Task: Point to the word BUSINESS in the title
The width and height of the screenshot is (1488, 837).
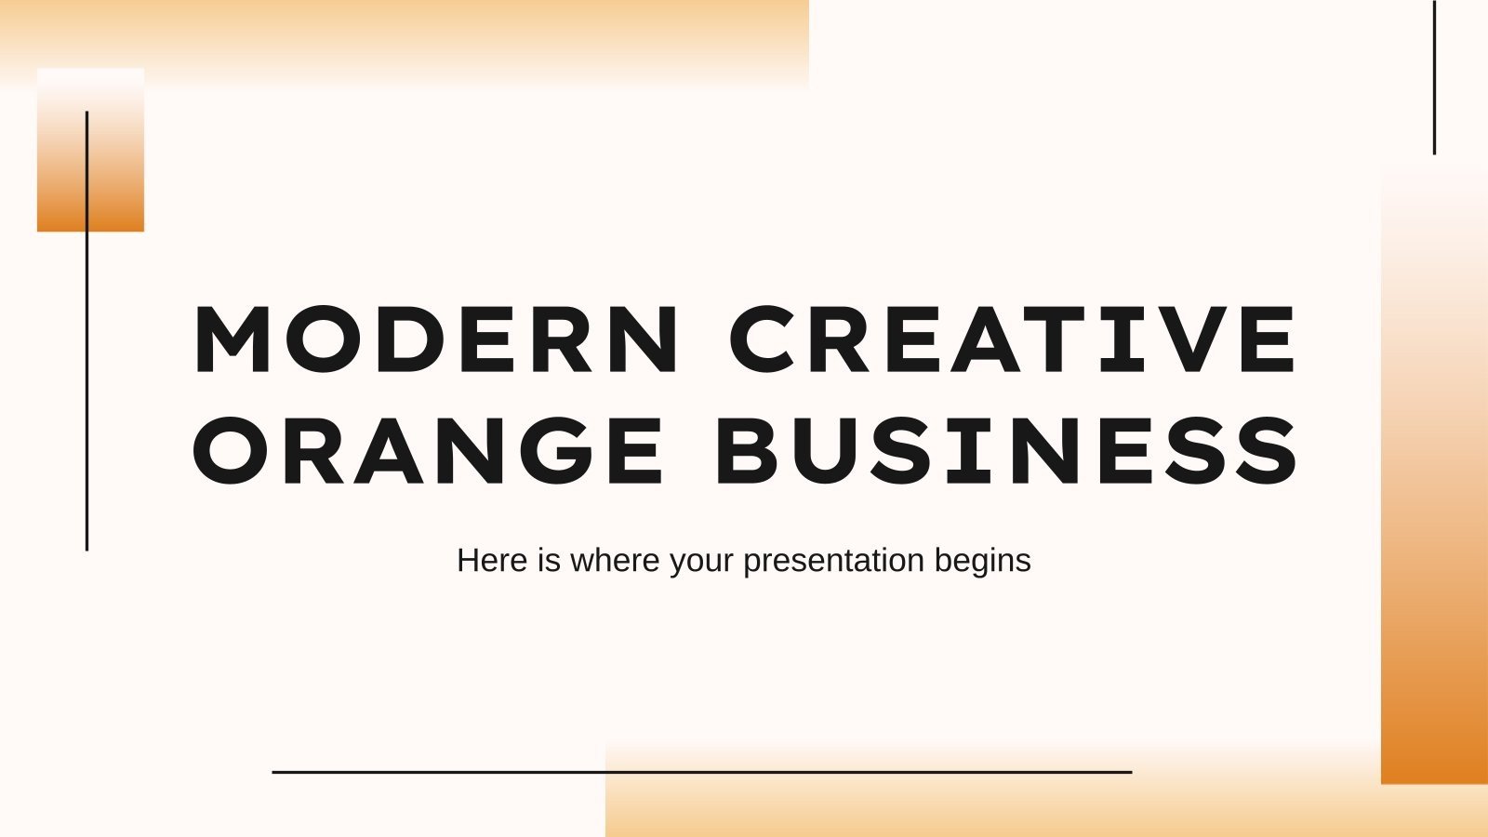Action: point(1006,451)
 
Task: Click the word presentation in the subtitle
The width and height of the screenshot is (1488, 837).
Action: point(833,561)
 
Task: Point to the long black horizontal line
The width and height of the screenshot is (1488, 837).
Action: point(702,772)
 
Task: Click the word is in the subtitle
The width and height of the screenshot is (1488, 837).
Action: point(548,561)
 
